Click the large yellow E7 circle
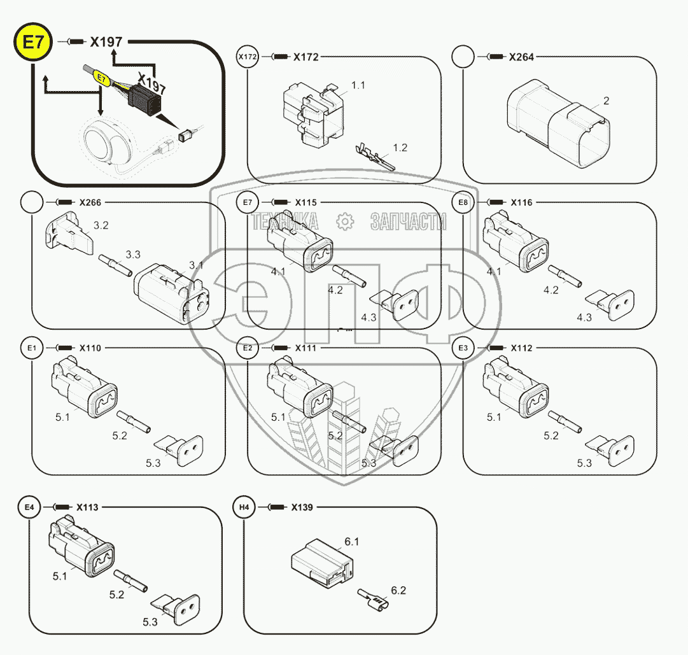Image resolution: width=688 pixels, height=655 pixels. point(33,42)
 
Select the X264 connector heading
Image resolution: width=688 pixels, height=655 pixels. point(521,57)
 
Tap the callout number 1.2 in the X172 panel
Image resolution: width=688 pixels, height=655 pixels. point(400,148)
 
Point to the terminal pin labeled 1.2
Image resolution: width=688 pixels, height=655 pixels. point(375,157)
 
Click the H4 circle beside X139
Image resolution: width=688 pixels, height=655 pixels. point(244,507)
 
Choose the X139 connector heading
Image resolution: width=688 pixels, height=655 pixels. point(302,507)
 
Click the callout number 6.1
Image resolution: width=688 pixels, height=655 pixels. point(351,542)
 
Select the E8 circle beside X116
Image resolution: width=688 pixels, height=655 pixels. point(463,202)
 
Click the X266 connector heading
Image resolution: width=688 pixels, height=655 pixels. point(90,202)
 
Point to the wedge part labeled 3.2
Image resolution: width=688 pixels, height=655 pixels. point(69,233)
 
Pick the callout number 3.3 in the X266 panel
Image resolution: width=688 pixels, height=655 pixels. point(133,255)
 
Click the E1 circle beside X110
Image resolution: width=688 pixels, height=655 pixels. point(32,348)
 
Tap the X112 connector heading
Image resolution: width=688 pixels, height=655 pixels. point(521,348)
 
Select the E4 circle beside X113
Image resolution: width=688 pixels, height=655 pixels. point(29,507)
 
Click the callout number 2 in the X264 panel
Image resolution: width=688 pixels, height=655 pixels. point(606,101)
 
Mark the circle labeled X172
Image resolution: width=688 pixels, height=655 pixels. point(248,57)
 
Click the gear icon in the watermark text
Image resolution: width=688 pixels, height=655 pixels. point(345,221)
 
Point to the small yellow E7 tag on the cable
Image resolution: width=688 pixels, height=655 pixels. point(102,79)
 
